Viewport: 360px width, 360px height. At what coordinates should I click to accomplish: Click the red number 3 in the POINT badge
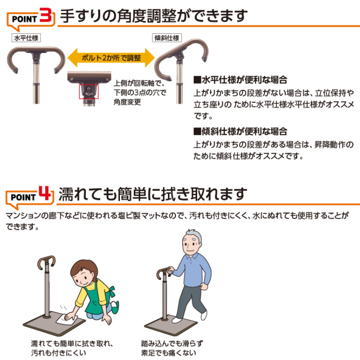coord(46,15)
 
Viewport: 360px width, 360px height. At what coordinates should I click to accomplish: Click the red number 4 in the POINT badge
coord(45,193)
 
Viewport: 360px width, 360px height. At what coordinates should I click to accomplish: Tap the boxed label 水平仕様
coord(26,38)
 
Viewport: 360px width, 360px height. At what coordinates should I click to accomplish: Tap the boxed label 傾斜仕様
coord(167,38)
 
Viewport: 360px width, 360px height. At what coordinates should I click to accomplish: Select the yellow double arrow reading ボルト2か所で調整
coord(111,58)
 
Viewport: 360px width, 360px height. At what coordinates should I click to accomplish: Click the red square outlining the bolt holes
coord(89,91)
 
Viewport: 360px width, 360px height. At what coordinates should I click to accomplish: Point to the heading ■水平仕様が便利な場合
coord(240,80)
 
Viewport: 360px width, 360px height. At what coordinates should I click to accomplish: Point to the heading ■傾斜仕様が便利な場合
coord(240,132)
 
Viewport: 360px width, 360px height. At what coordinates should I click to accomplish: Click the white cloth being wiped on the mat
coord(67,318)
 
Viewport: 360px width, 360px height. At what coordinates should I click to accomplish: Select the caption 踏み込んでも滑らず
coord(172,344)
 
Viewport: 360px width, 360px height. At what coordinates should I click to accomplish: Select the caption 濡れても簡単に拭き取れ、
coord(72,344)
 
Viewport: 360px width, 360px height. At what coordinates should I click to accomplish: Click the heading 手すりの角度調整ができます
coord(154,16)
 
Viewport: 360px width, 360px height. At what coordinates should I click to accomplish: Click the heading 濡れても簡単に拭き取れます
coord(153,194)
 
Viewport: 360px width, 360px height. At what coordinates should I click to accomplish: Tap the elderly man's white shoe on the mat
coord(177,319)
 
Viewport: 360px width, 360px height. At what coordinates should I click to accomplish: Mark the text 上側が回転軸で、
coord(139,83)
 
